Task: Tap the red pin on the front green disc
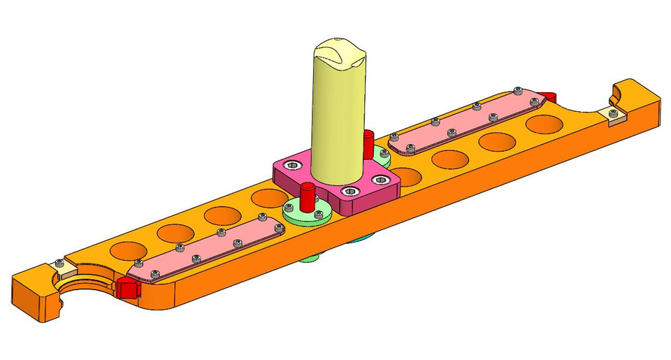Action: [306, 196]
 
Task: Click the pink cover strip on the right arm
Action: [468, 120]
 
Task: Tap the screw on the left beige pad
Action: [60, 263]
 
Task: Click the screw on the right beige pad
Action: [613, 112]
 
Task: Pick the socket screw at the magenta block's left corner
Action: [292, 164]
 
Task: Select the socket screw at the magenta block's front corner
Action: [348, 190]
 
